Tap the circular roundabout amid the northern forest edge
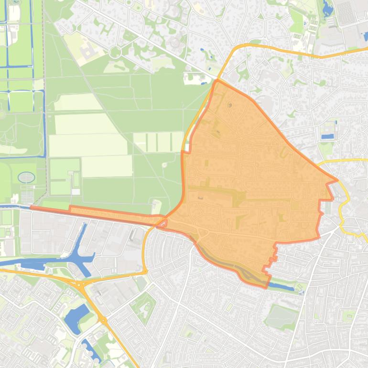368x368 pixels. tap(115, 52)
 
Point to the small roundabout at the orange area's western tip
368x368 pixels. tap(163, 222)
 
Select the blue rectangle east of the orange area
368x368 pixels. tap(328, 136)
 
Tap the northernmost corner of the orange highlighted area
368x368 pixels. tap(217, 81)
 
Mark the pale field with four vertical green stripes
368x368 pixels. tap(158, 141)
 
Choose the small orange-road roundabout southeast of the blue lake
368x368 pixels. tap(103, 320)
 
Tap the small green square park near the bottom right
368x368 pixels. tap(349, 315)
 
